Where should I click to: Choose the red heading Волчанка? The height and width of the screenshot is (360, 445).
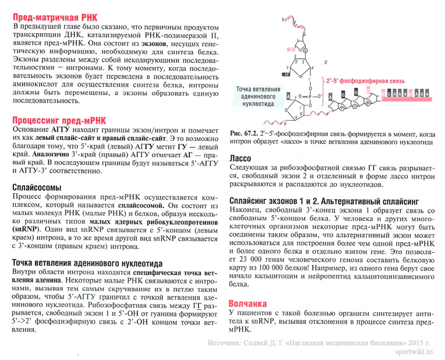248,303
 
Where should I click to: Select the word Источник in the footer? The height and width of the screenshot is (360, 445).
226,342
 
